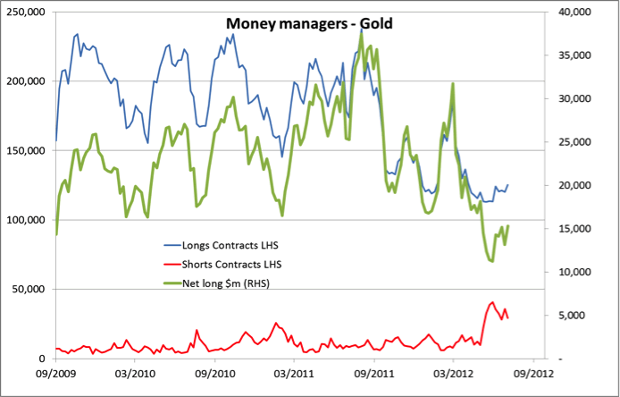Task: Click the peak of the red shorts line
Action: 492,302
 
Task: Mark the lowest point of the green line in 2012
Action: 491,260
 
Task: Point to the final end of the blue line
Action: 508,185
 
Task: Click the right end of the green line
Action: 508,226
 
